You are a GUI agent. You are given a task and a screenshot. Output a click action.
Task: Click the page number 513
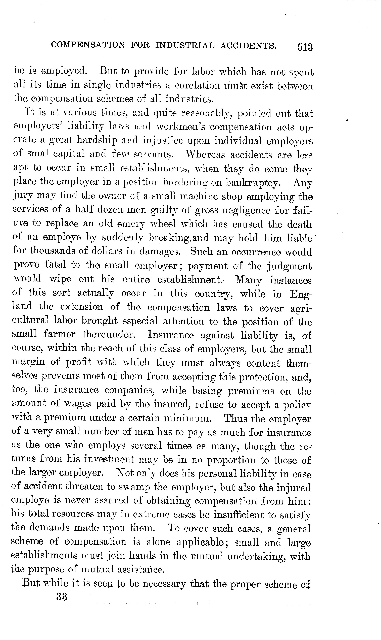click(305, 47)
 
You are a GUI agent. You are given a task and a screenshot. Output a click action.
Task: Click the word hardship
click(97, 140)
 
